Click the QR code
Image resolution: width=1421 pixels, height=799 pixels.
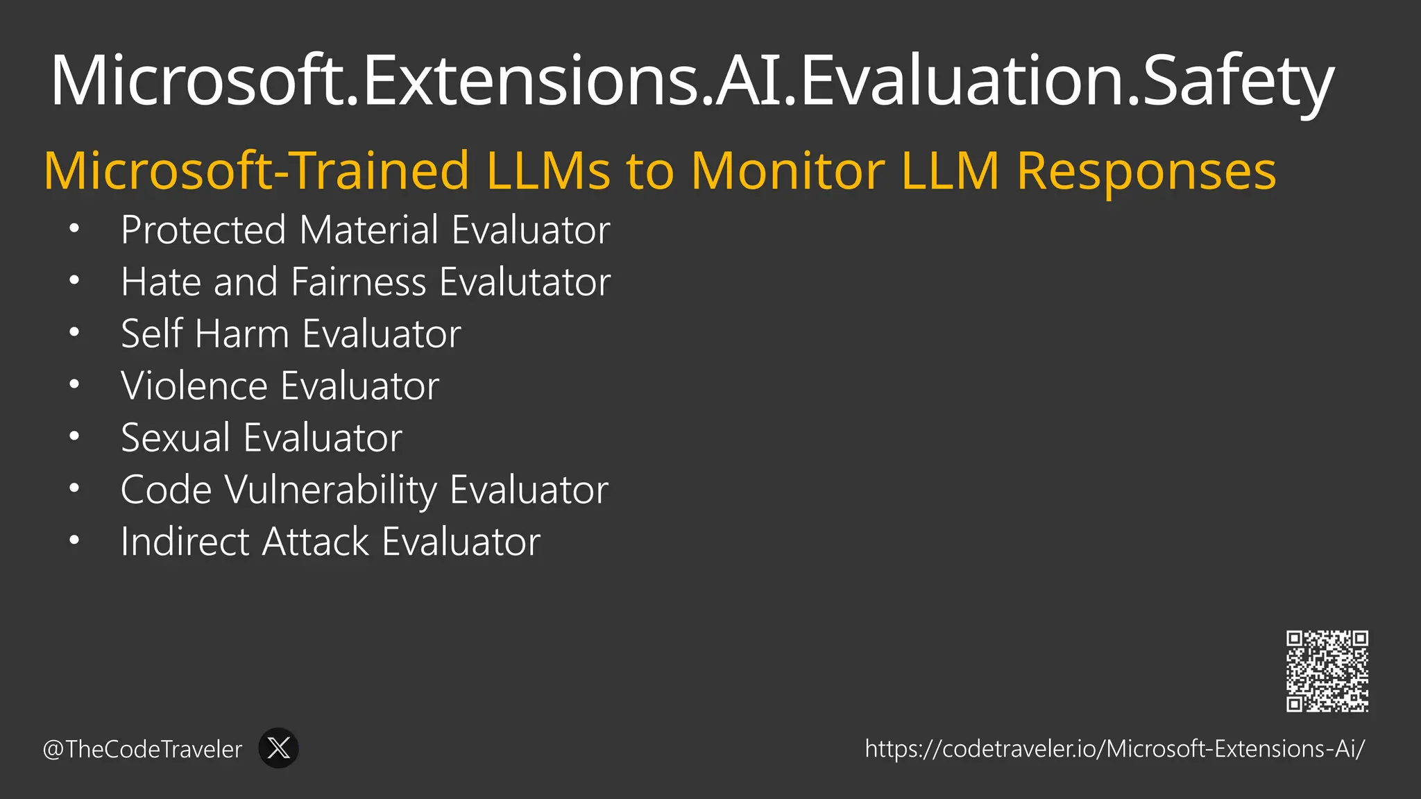[1327, 671]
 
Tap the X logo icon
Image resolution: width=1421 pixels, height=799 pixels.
[278, 748]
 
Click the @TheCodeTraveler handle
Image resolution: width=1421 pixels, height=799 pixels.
[142, 749]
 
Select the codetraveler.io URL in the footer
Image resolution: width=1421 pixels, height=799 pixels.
[1114, 748]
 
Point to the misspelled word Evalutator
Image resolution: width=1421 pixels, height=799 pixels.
[525, 282]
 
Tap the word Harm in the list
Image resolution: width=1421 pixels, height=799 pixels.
[241, 334]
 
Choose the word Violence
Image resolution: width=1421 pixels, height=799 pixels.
[194, 386]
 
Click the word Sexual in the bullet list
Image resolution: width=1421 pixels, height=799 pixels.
[176, 438]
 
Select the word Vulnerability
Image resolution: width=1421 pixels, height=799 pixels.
[331, 490]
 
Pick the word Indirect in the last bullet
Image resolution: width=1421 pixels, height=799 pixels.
[184, 542]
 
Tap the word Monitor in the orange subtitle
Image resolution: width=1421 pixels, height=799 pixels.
[788, 171]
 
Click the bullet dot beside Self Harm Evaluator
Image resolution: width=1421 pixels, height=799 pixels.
[74, 332]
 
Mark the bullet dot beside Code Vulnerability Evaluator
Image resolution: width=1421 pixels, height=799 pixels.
[74, 488]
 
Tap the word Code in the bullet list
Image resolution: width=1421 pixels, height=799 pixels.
[166, 490]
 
